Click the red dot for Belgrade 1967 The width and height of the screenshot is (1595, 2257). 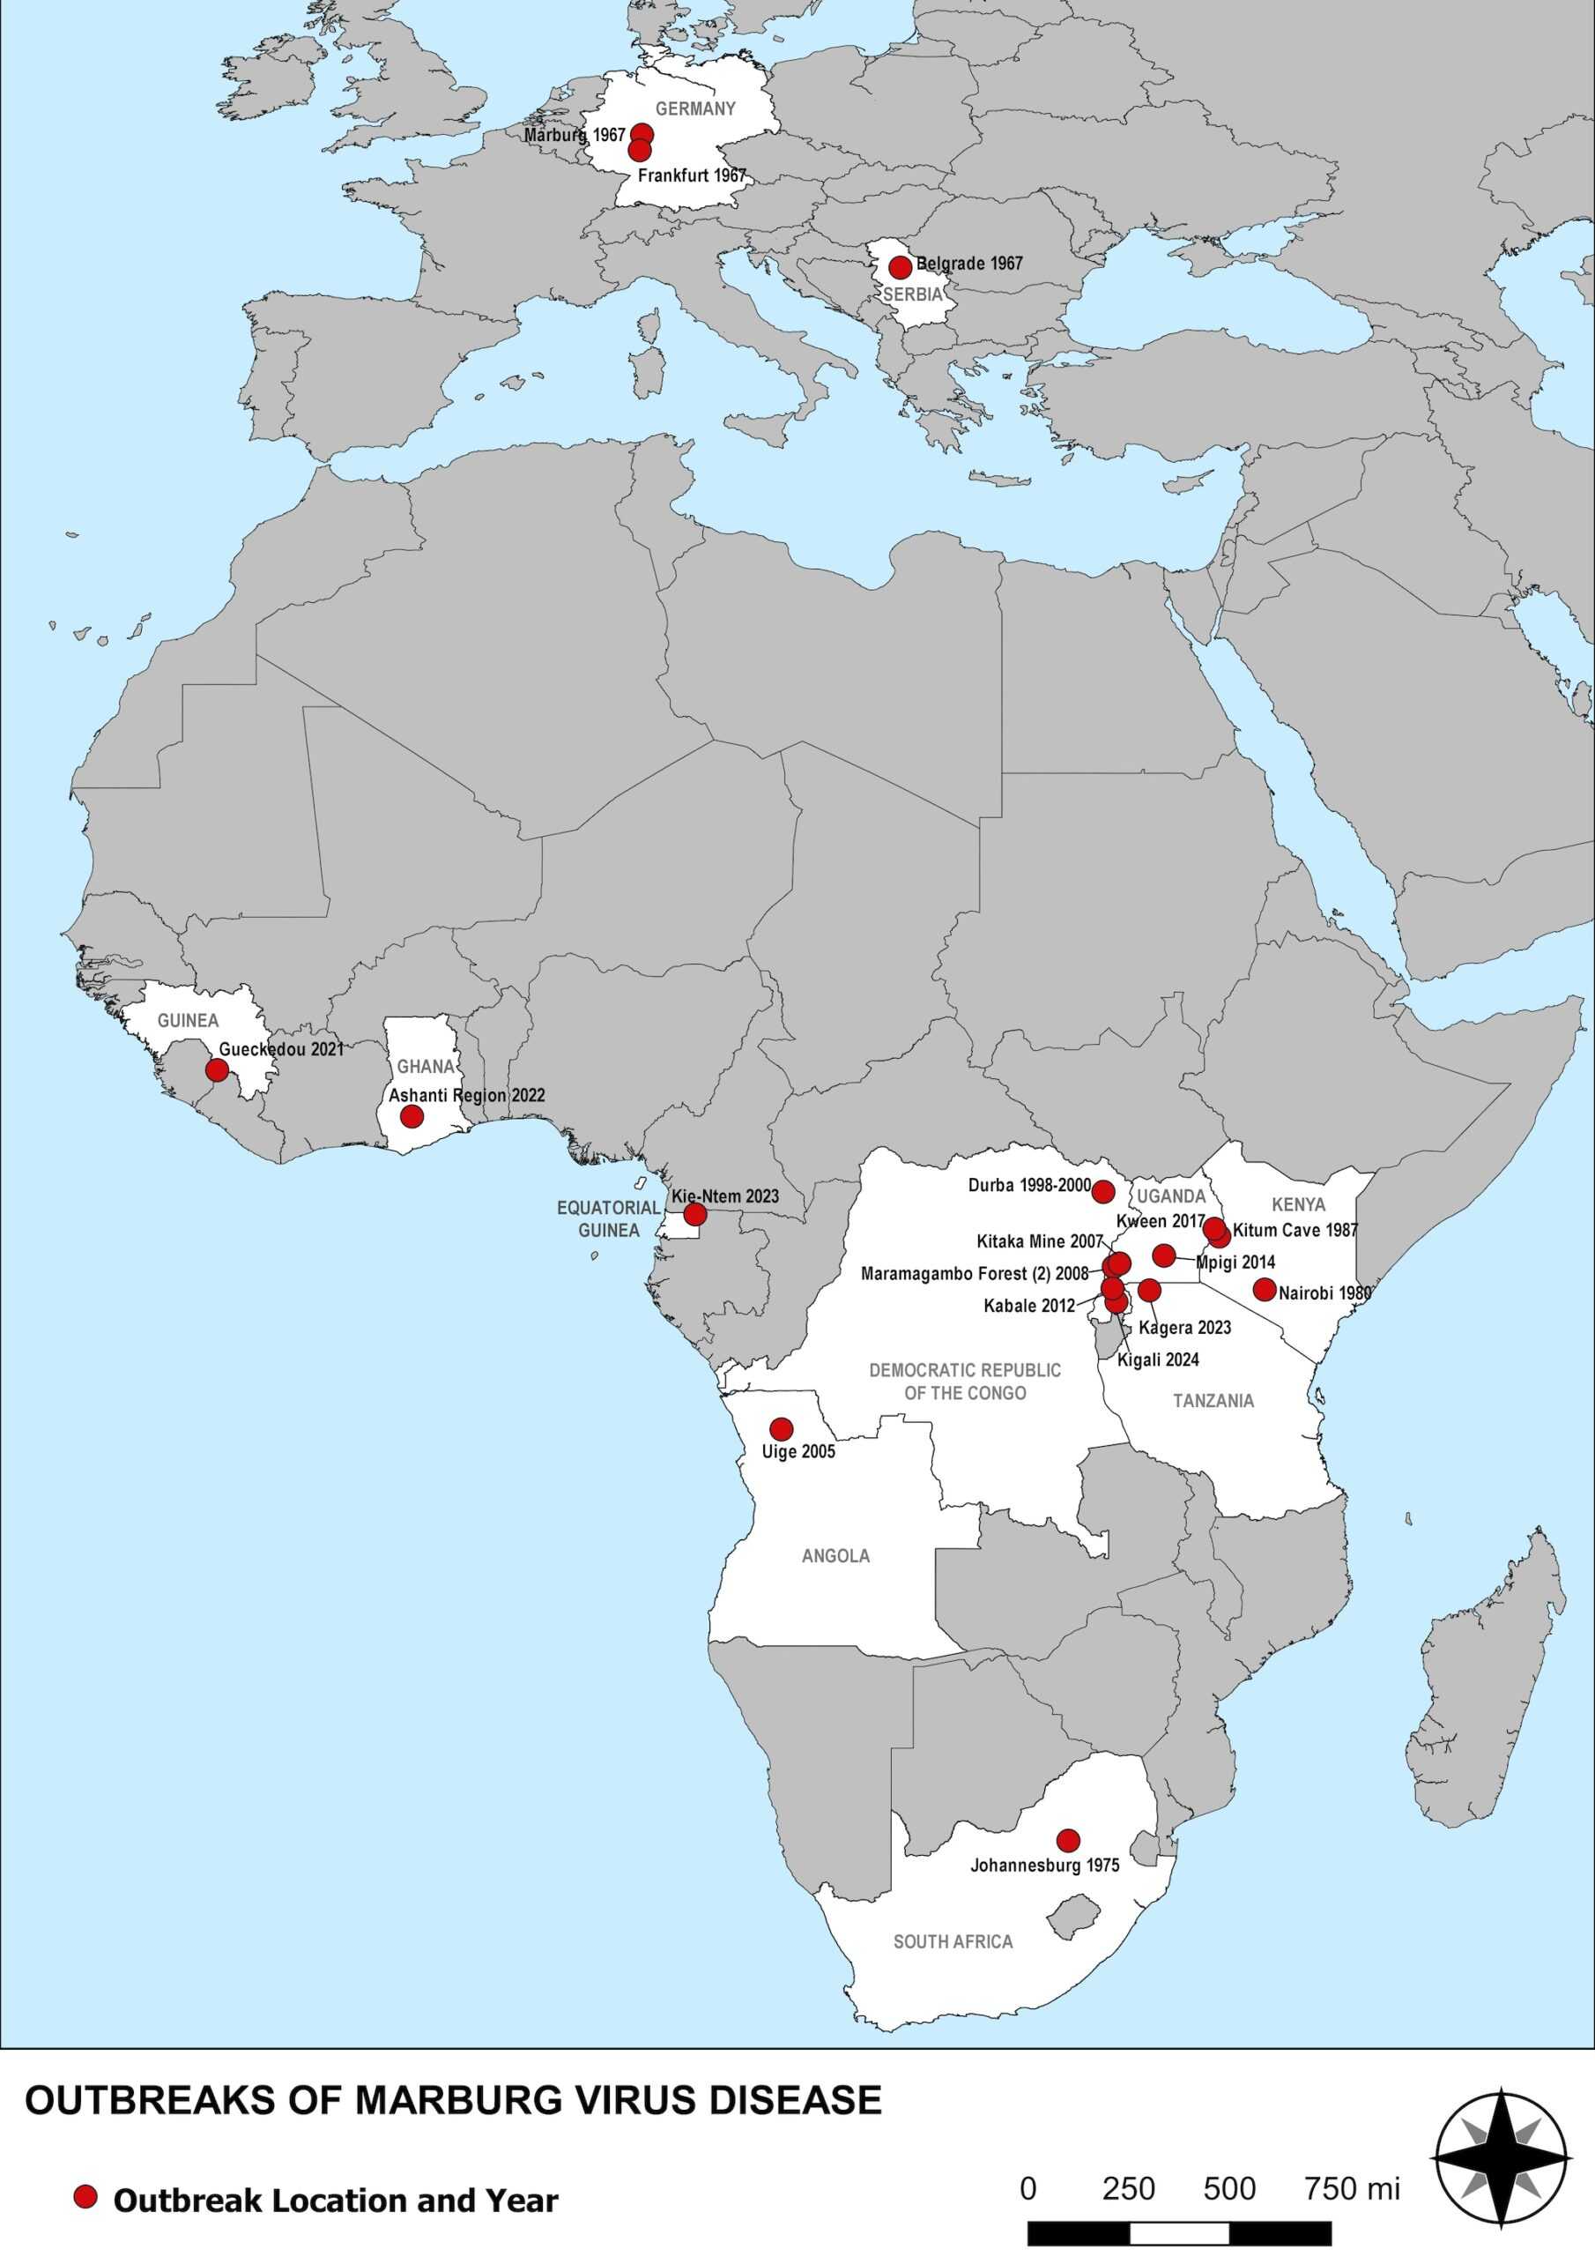[899, 267]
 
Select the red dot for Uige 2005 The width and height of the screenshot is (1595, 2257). [782, 1428]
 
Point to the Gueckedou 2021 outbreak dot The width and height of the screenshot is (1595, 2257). [217, 1069]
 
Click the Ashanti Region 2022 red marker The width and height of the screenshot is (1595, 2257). [412, 1117]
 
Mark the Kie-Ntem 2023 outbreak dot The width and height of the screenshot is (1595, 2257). [694, 1215]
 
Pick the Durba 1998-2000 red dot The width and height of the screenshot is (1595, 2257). [1103, 1192]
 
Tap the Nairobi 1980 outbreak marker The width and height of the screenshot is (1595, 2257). [1265, 1290]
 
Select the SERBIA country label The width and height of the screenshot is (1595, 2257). [913, 294]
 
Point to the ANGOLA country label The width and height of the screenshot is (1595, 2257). [835, 1556]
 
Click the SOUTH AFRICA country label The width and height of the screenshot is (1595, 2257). [953, 1941]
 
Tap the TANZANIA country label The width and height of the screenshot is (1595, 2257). [1213, 1401]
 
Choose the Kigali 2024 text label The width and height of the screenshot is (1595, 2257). [1158, 1360]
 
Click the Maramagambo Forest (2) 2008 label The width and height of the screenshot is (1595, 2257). [974, 1274]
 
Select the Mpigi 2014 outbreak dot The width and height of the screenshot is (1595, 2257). [1165, 1255]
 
